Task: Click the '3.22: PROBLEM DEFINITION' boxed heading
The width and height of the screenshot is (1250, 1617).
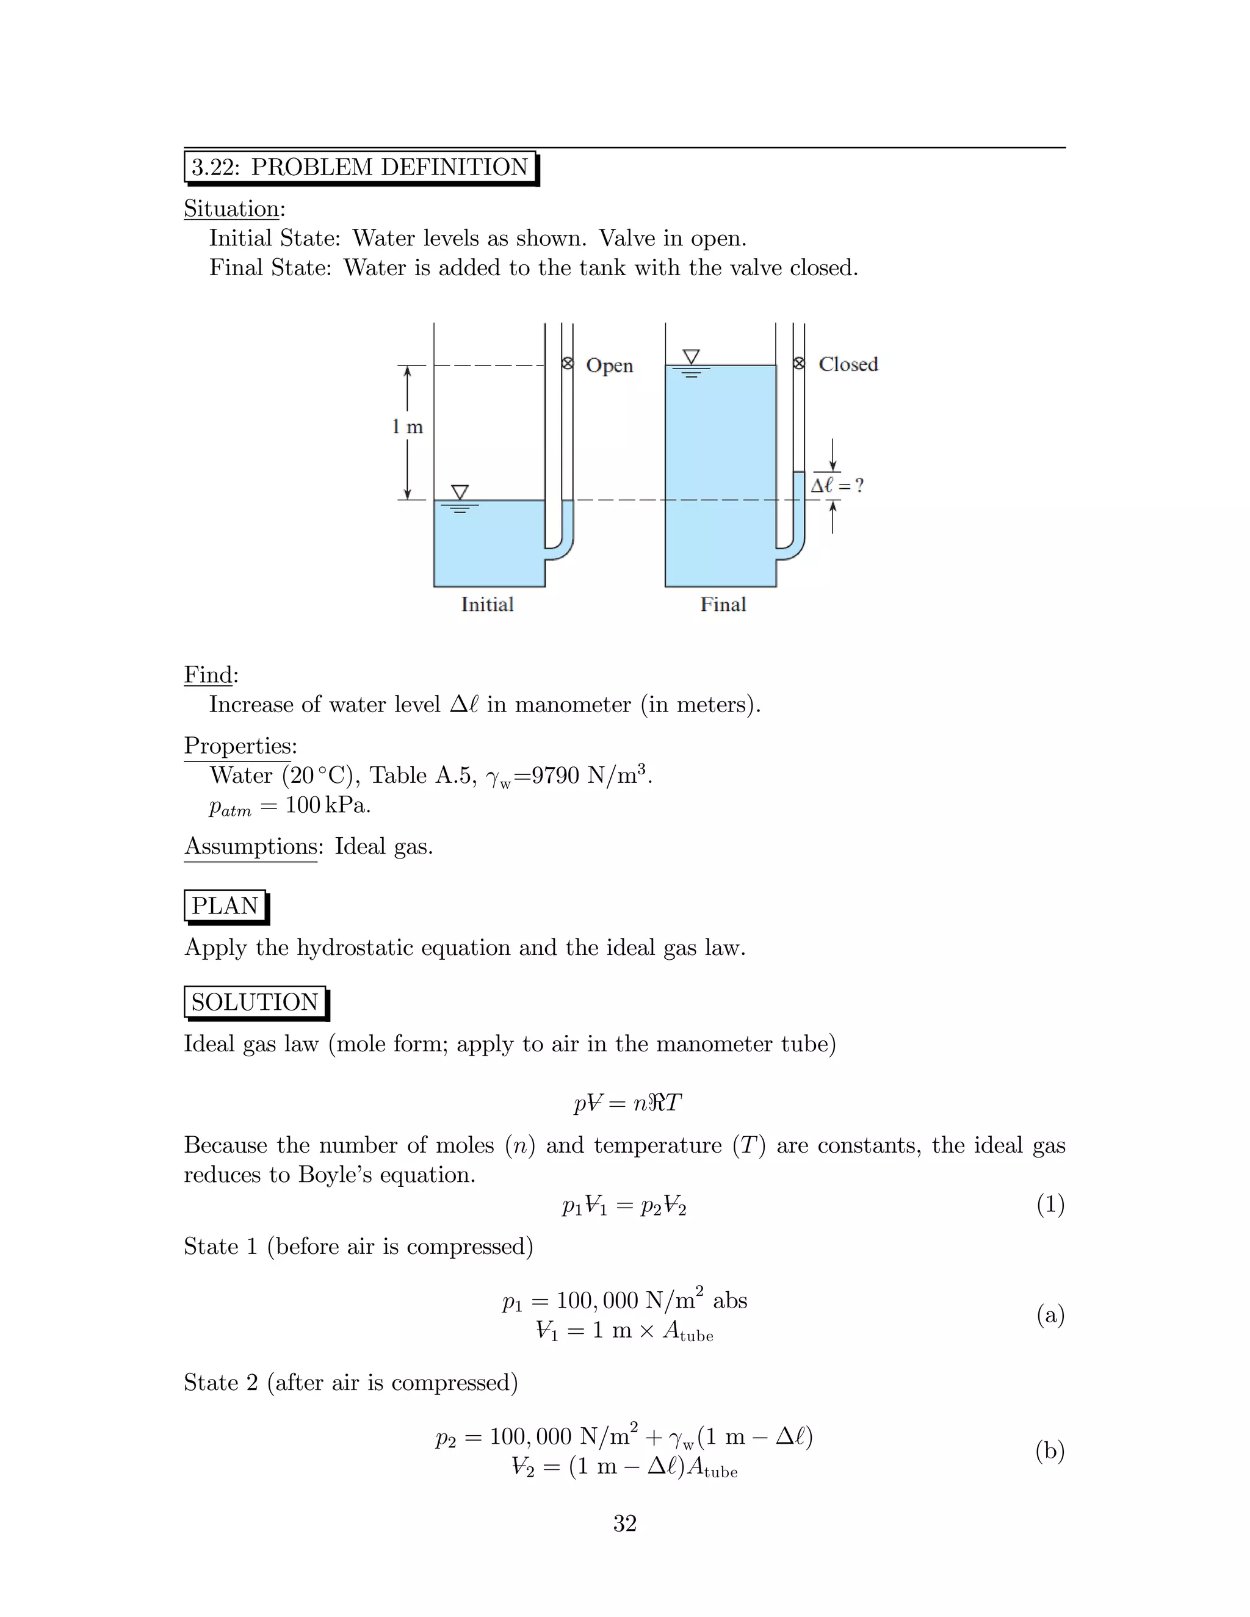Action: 360,167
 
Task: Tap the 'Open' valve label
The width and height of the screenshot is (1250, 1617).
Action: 610,366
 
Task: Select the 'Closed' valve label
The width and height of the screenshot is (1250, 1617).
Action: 848,364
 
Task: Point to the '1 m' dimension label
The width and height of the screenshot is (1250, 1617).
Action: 407,427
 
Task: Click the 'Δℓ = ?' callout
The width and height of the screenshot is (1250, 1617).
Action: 837,486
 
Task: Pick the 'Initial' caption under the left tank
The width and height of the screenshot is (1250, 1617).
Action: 487,604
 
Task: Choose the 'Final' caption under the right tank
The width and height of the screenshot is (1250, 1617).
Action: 723,604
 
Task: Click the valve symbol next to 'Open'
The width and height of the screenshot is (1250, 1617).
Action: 567,364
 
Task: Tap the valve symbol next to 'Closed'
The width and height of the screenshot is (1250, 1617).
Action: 799,364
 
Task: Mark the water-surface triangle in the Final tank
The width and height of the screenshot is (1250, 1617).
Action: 691,356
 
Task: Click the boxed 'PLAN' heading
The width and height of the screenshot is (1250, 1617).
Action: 225,906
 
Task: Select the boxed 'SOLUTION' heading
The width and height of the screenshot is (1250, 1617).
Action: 254,1002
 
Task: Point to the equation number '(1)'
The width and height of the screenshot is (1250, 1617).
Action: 1050,1205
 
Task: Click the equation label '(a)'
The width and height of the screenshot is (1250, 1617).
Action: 1050,1315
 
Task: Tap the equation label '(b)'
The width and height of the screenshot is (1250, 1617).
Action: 1050,1450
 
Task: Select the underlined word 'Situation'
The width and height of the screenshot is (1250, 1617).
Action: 232,209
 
